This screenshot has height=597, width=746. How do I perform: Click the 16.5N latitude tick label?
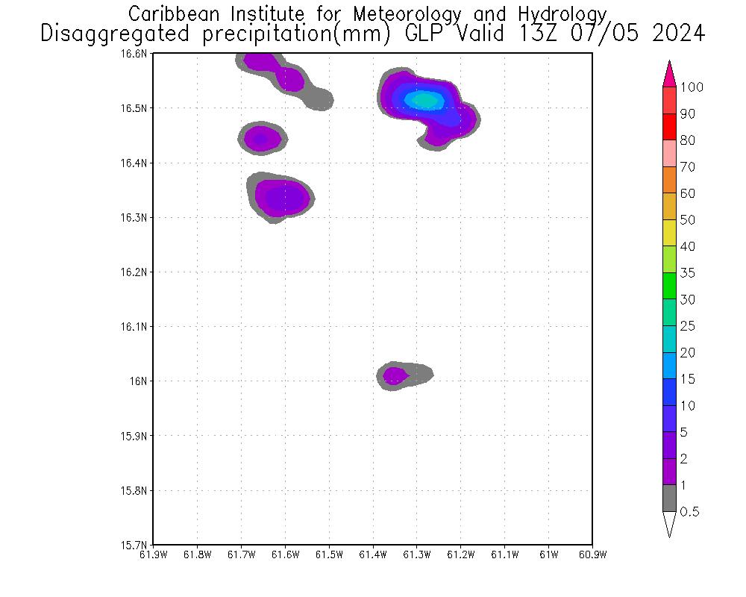click(137, 108)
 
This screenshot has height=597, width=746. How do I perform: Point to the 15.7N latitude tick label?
click(137, 545)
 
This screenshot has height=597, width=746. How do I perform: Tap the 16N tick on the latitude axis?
click(141, 381)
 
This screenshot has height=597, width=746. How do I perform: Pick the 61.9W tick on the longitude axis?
click(153, 554)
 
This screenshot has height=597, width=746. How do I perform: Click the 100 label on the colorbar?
click(692, 87)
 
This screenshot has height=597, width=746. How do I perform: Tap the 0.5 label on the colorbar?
click(690, 512)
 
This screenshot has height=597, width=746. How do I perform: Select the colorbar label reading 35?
click(687, 273)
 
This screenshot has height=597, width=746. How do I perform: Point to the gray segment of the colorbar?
click(669, 498)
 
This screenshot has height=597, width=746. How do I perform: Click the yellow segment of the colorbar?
click(669, 233)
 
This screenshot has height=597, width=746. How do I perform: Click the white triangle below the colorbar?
click(669, 524)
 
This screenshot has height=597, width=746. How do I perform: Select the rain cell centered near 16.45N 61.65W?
click(261, 138)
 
